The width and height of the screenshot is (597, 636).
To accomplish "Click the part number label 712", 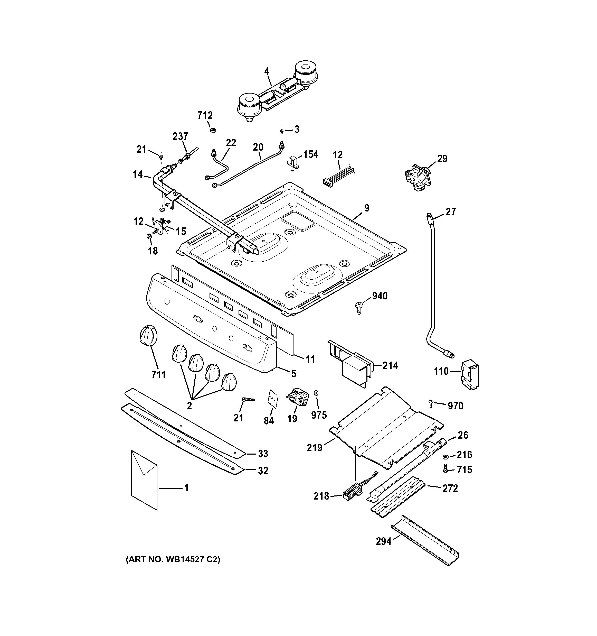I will tap(205, 115).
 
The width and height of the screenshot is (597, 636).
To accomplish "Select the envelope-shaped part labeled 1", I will tap(144, 480).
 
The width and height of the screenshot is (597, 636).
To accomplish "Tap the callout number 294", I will tap(384, 541).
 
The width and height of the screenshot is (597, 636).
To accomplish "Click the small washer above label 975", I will tap(316, 393).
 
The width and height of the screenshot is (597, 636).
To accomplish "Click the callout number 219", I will tap(315, 448).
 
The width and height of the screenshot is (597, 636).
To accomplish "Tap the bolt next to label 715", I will tap(445, 469).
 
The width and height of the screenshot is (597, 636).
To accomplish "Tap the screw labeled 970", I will tap(431, 404).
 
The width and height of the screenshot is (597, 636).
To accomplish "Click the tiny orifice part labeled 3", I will tap(282, 130).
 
